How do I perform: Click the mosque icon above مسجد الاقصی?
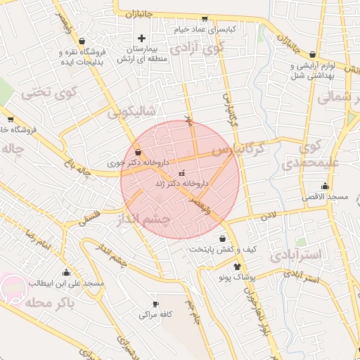coord(324,186)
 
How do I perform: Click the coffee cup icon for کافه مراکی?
coord(156,304)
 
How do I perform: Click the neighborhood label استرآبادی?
coord(295,255)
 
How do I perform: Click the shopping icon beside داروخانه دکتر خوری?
coord(137,151)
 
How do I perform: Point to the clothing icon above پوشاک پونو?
coord(238,267)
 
